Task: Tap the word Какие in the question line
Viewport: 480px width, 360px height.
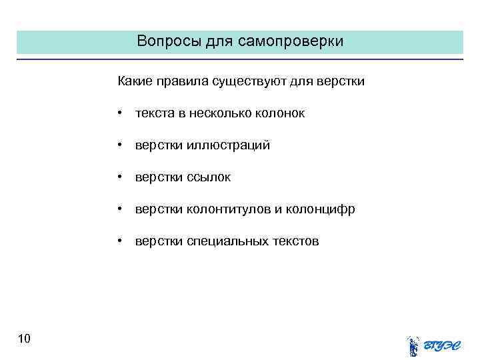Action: click(x=135, y=81)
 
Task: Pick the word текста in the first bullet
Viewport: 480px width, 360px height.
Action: click(x=154, y=113)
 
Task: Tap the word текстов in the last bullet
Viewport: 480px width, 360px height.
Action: click(x=295, y=241)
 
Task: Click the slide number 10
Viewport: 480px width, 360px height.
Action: click(x=25, y=339)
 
